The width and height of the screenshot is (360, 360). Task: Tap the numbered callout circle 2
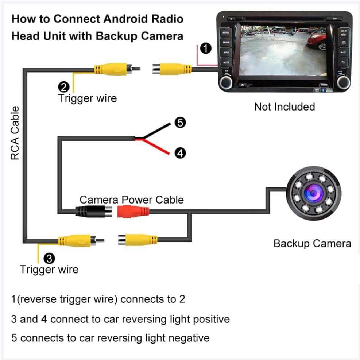tap(63, 87)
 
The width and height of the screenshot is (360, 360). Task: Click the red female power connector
tap(133, 211)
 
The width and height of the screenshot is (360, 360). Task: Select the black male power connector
tap(94, 211)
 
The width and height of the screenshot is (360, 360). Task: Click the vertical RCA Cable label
tap(15, 133)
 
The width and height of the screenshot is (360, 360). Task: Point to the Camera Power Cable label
tap(131, 200)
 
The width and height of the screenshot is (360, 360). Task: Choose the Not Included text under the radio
tap(284, 107)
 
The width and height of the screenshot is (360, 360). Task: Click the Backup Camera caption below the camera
tap(312, 243)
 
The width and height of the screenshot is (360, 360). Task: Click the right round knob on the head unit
tap(344, 82)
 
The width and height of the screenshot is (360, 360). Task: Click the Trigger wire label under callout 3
tap(49, 270)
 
